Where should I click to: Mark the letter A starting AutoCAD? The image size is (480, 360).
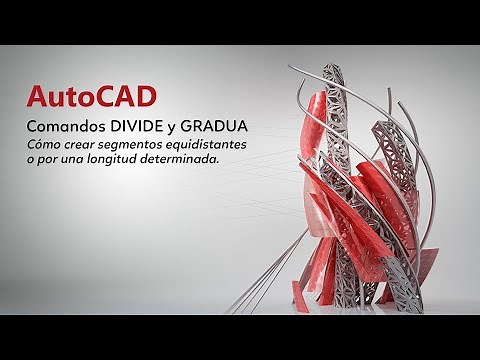tap(36, 98)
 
